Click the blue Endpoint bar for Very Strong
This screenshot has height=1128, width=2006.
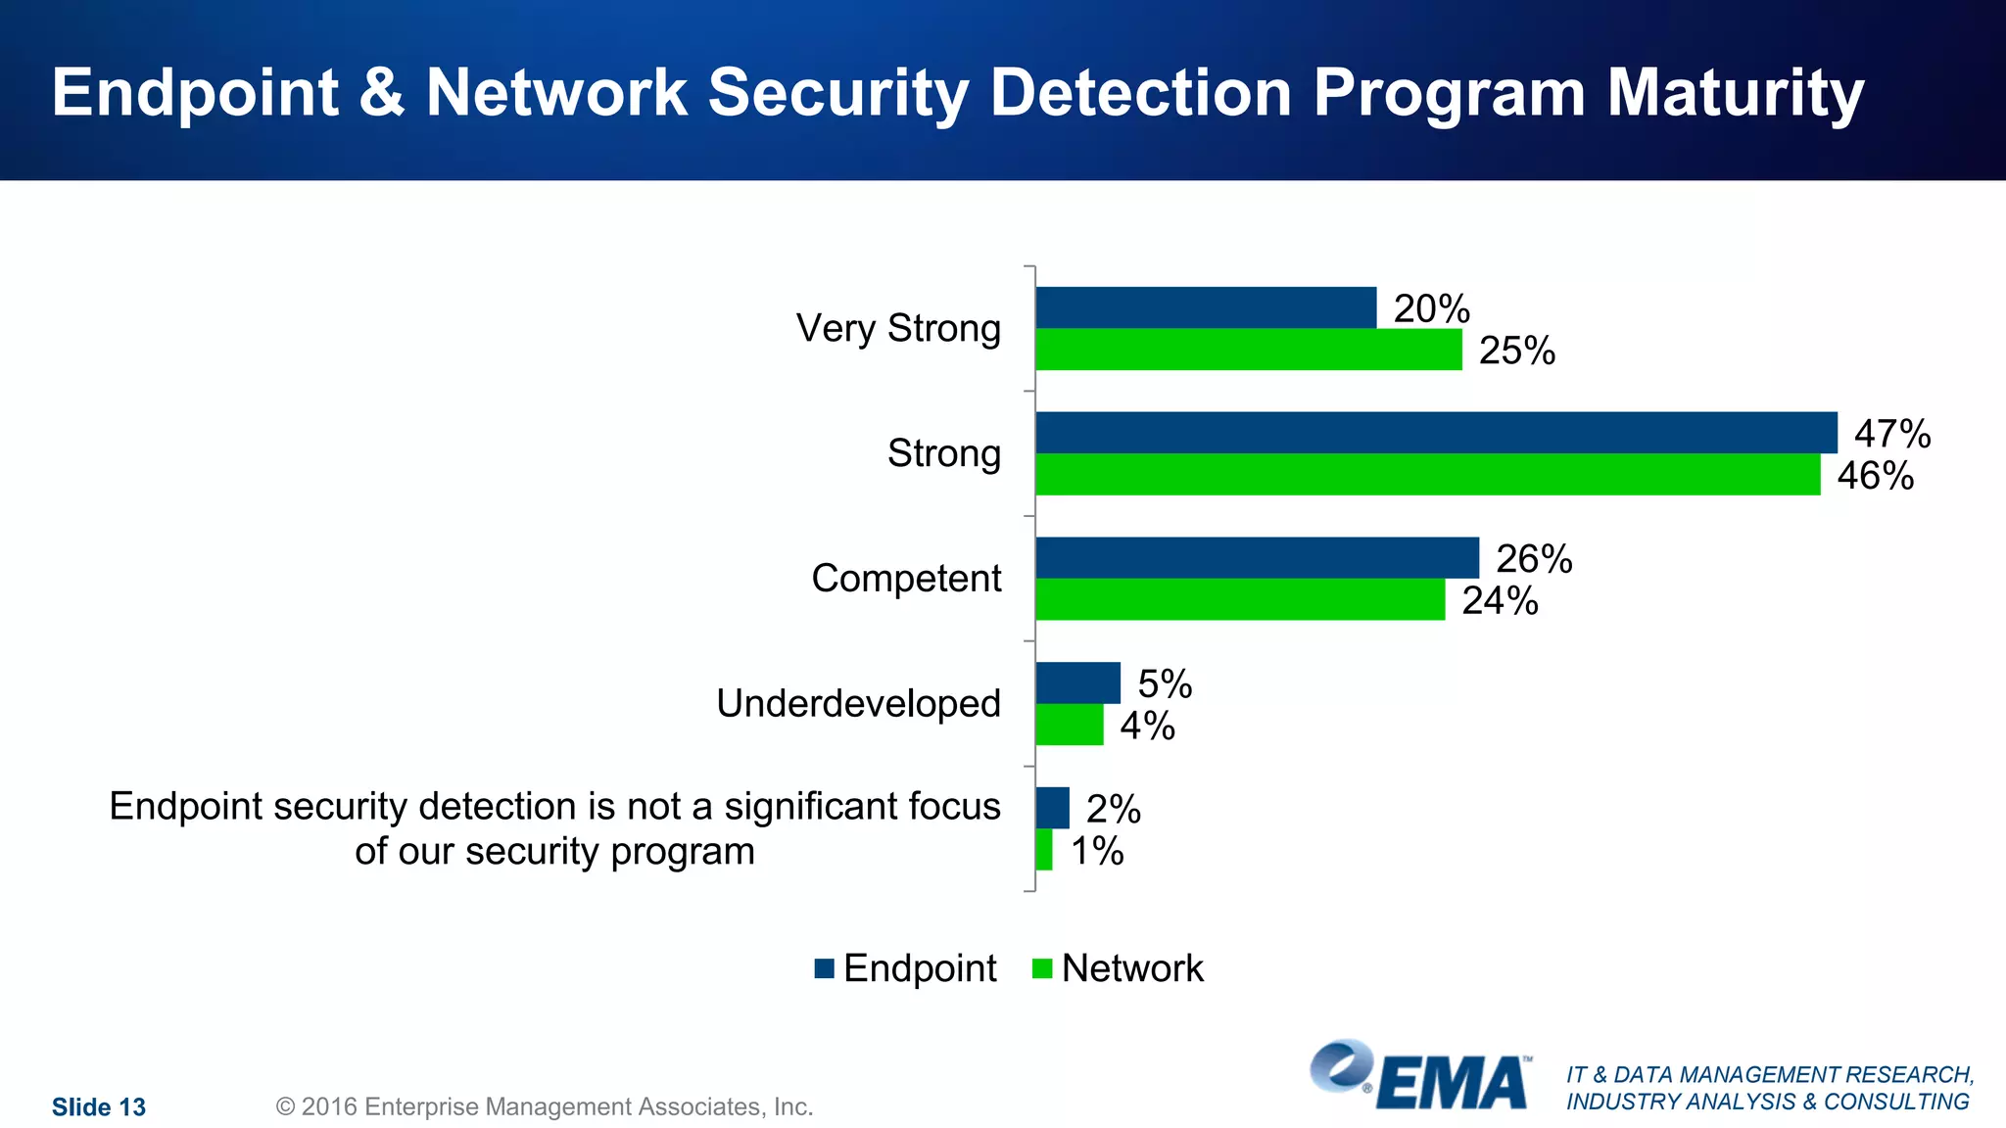click(1206, 307)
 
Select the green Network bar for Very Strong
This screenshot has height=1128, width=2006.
click(1249, 350)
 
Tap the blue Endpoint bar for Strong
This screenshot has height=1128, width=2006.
click(1436, 433)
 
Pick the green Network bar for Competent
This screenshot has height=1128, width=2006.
click(1240, 599)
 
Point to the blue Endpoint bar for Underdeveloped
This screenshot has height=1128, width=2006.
click(1077, 682)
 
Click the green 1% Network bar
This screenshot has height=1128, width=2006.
click(1044, 850)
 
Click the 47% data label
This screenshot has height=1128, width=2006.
click(1892, 434)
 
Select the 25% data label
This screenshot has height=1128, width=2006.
click(1516, 351)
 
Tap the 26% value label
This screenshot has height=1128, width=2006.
click(1534, 559)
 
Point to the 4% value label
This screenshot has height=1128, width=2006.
click(1147, 726)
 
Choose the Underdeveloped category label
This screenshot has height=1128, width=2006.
click(858, 703)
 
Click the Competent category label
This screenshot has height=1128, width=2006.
click(906, 579)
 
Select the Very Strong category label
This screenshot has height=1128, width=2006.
click(898, 328)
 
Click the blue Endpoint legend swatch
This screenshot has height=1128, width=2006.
click(824, 968)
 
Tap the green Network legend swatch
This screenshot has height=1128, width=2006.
click(1042, 968)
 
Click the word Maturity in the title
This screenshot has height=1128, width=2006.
click(1735, 94)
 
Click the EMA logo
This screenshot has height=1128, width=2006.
click(1420, 1076)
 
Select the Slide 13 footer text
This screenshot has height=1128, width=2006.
click(99, 1107)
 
